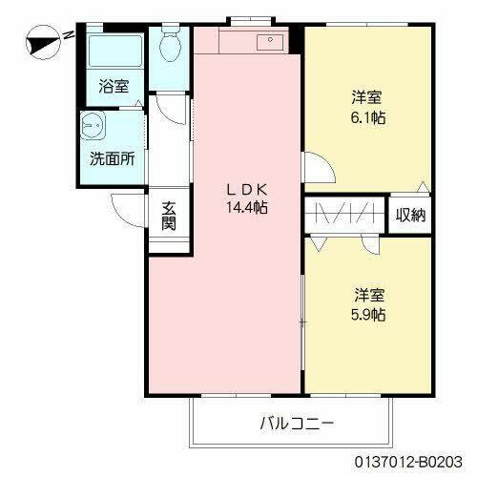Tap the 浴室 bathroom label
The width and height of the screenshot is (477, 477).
pyautogui.click(x=114, y=87)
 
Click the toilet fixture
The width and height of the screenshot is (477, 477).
pyautogui.click(x=171, y=42)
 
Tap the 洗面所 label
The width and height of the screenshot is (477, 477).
pyautogui.click(x=112, y=159)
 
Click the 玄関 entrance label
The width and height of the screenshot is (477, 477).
pyautogui.click(x=169, y=217)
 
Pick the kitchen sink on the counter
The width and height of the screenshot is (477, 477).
pyautogui.click(x=266, y=41)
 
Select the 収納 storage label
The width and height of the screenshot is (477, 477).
pyautogui.click(x=411, y=215)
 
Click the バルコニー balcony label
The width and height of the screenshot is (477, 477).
pyautogui.click(x=297, y=423)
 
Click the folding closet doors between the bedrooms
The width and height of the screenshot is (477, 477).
pyautogui.click(x=345, y=214)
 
